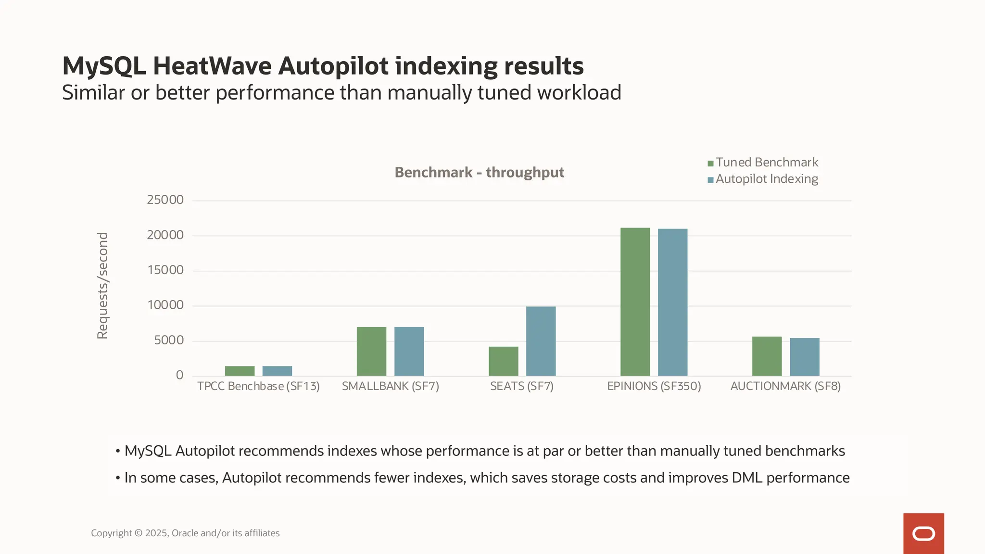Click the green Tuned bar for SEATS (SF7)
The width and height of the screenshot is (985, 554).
[503, 361]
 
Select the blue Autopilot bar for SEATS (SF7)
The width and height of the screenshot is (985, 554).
[541, 341]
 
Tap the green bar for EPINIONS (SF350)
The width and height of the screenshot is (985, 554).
[635, 302]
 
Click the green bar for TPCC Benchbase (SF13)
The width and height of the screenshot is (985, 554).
[240, 371]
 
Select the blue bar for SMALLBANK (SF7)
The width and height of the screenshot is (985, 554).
[409, 351]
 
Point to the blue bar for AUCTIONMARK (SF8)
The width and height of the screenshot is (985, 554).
[804, 357]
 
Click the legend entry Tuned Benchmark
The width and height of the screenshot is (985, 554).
[766, 163]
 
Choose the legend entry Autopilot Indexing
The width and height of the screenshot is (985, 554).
[766, 179]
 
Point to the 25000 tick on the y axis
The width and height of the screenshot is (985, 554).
[165, 200]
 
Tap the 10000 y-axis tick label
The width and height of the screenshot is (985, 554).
[165, 305]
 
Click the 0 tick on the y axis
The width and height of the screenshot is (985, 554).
[179, 375]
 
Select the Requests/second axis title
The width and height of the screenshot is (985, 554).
[102, 286]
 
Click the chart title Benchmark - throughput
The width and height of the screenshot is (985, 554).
[479, 173]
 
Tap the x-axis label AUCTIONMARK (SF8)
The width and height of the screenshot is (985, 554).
[785, 386]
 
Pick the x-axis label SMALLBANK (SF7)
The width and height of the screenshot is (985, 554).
[390, 386]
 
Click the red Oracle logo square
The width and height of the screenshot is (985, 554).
[923, 533]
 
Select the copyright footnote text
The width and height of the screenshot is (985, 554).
[185, 533]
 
